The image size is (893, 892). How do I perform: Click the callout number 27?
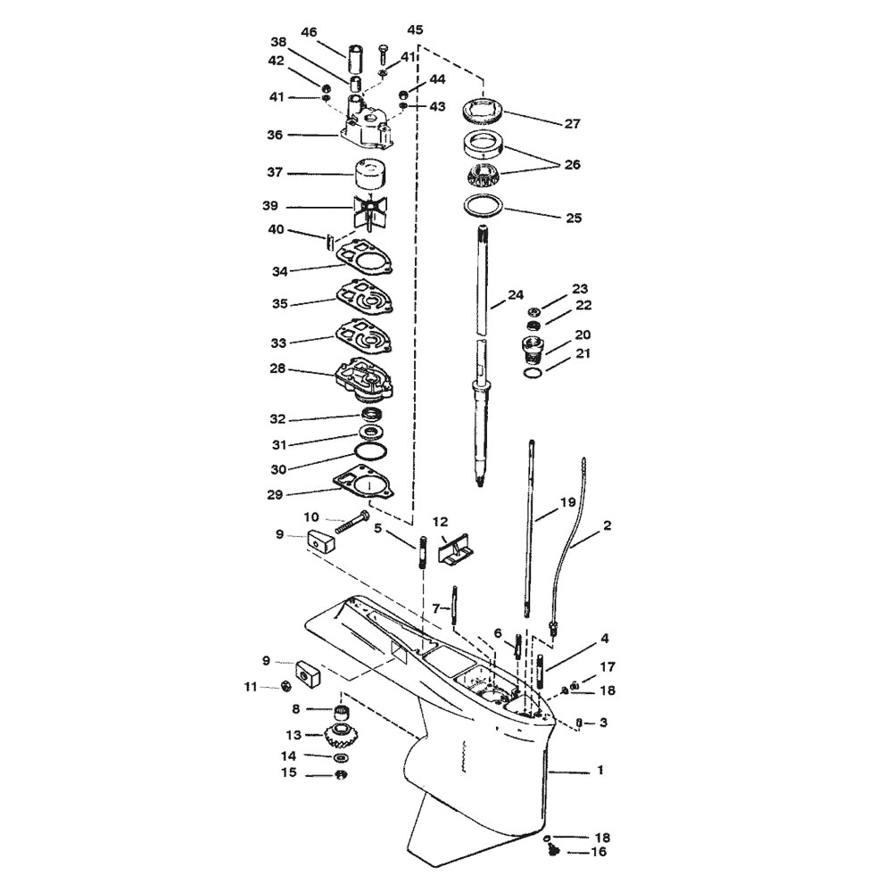[572, 123]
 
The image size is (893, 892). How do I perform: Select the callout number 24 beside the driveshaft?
[516, 295]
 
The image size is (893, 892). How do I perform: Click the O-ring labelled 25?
[484, 206]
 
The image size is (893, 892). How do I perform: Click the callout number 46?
[309, 32]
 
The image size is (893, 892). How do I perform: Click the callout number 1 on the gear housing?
[599, 770]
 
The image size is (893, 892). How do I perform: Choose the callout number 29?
[275, 494]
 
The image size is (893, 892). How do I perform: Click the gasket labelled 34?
[366, 260]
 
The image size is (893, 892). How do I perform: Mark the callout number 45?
[415, 29]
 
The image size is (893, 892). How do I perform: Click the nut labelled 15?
[342, 774]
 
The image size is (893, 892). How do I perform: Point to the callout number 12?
[440, 522]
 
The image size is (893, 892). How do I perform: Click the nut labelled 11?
[287, 686]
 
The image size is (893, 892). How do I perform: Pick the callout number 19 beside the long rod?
[567, 502]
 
